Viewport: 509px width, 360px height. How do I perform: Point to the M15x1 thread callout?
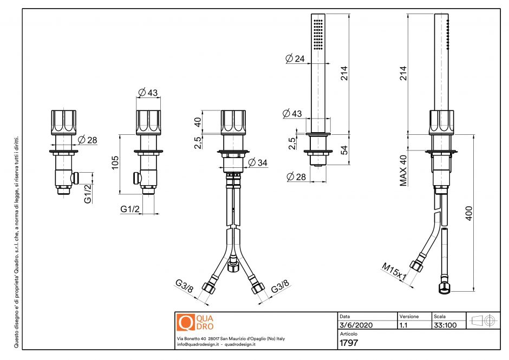394,271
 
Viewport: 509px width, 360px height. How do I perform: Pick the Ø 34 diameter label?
258,162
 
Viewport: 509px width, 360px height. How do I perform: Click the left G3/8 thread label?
184,287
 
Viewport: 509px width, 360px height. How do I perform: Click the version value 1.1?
403,325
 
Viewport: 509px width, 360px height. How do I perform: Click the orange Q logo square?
185,323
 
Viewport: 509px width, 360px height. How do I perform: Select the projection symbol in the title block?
482,320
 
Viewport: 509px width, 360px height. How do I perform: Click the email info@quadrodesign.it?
198,344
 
